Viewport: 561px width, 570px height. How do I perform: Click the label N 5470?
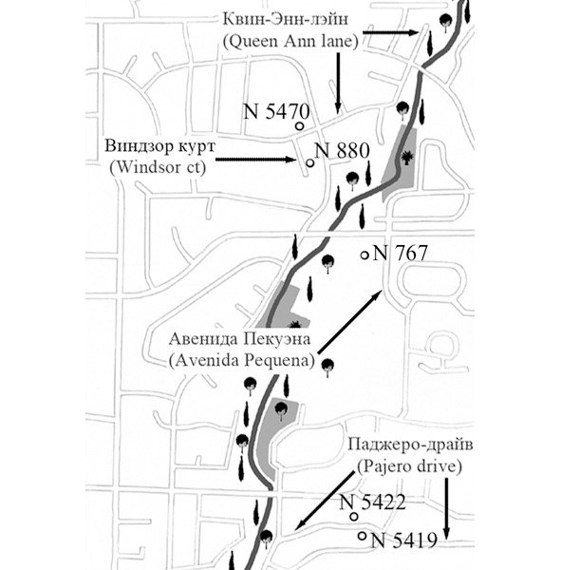click(276, 111)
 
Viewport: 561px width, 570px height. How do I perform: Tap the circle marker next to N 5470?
click(299, 126)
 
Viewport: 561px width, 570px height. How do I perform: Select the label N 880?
click(342, 150)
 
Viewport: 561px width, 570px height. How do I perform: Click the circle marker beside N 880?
click(310, 163)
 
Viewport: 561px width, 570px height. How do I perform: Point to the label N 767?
click(400, 253)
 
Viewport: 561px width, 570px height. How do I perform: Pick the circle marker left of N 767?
click(365, 256)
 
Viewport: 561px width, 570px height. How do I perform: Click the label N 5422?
click(372, 503)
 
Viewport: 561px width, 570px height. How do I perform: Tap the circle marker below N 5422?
click(354, 516)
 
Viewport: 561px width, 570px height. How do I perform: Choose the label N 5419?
click(403, 541)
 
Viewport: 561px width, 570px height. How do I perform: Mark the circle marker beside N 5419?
click(362, 536)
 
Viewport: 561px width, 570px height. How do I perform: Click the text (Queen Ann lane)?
click(290, 42)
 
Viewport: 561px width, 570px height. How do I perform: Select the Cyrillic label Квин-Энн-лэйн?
click(285, 19)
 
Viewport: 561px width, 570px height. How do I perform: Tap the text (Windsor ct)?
click(158, 167)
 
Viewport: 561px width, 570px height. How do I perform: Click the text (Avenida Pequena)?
click(242, 361)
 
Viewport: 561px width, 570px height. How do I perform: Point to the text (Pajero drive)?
click(409, 466)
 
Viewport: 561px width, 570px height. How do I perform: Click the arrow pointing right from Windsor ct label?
click(256, 160)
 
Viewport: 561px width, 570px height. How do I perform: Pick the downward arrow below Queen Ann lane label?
click(338, 84)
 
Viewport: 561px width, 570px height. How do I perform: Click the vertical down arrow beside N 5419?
click(446, 507)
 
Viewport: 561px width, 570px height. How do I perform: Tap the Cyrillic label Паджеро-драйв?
click(411, 445)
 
